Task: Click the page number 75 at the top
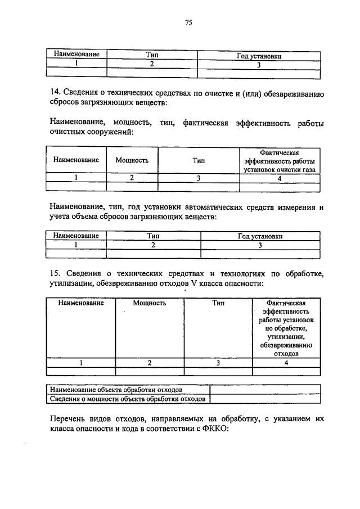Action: point(188,22)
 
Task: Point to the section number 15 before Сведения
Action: point(55,274)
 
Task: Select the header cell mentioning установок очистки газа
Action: point(280,160)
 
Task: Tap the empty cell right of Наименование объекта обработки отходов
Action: point(265,389)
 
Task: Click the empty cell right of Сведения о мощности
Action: point(265,399)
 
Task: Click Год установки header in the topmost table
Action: point(260,56)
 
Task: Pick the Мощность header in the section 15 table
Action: point(150,303)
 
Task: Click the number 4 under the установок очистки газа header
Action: point(280,178)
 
